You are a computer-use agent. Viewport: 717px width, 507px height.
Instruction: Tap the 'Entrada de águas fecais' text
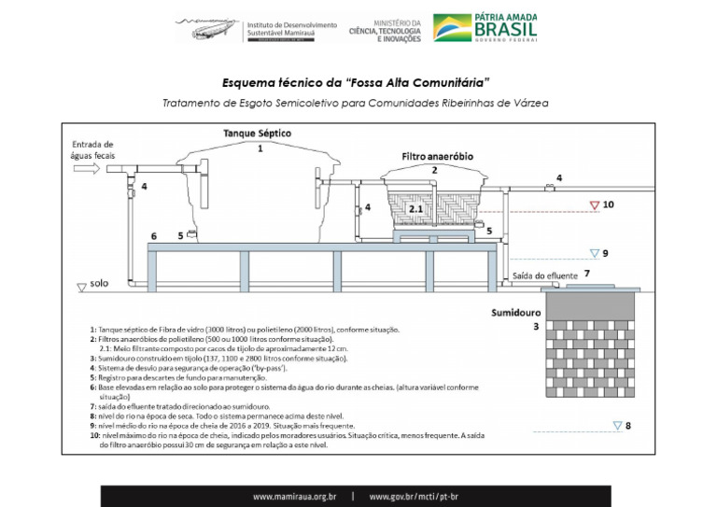click(91, 150)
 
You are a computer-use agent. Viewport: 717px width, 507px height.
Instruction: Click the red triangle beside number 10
click(593, 204)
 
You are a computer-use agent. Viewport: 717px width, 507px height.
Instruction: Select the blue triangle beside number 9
click(593, 252)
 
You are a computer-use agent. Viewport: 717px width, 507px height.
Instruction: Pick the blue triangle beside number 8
click(616, 426)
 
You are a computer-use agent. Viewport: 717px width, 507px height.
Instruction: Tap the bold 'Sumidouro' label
click(519, 313)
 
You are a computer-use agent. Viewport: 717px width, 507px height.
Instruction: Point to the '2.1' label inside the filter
click(416, 210)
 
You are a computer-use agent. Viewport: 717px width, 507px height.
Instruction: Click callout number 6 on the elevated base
click(153, 237)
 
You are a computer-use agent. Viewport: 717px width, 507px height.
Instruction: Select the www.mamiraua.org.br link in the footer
click(294, 497)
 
